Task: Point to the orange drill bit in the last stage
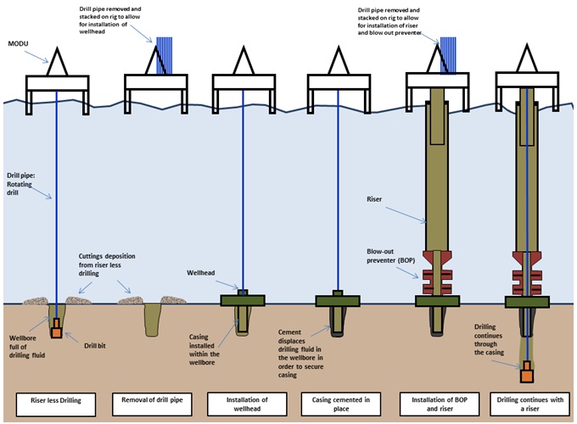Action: coord(528,371)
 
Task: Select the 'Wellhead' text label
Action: coord(201,273)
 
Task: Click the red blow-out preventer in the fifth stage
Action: coord(438,272)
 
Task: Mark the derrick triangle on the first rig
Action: coord(57,61)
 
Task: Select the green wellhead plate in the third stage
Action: coord(243,300)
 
